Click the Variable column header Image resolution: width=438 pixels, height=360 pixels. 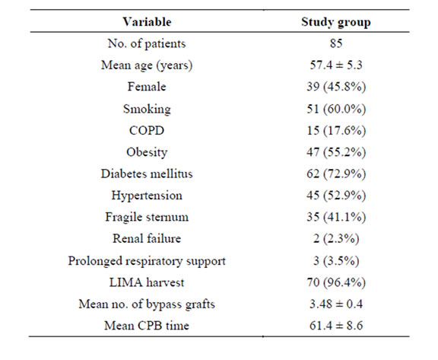147,22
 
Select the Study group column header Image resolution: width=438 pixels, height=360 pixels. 336,22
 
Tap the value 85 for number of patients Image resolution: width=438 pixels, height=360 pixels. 336,43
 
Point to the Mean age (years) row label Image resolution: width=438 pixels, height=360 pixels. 147,65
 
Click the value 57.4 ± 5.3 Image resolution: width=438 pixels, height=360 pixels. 336,65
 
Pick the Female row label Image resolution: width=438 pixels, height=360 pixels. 147,87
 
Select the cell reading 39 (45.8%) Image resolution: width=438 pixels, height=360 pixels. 336,87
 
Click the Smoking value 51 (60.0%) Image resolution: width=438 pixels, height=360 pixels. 336,109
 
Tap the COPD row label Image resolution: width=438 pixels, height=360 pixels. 147,130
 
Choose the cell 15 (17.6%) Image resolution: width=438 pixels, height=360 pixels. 336,130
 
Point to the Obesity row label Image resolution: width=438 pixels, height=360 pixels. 147,152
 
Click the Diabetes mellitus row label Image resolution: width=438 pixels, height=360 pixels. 147,174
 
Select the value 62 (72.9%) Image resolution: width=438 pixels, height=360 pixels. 336,174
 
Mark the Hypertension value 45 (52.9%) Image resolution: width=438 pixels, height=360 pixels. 336,196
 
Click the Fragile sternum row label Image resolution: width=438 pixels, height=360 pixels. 147,217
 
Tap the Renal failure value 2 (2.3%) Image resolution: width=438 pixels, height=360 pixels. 336,239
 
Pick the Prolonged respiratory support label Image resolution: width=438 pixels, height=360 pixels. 147,261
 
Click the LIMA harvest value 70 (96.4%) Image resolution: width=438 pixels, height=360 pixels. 336,282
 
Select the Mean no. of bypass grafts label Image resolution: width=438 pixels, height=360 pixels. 147,304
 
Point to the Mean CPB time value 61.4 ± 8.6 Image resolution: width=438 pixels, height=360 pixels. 336,326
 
